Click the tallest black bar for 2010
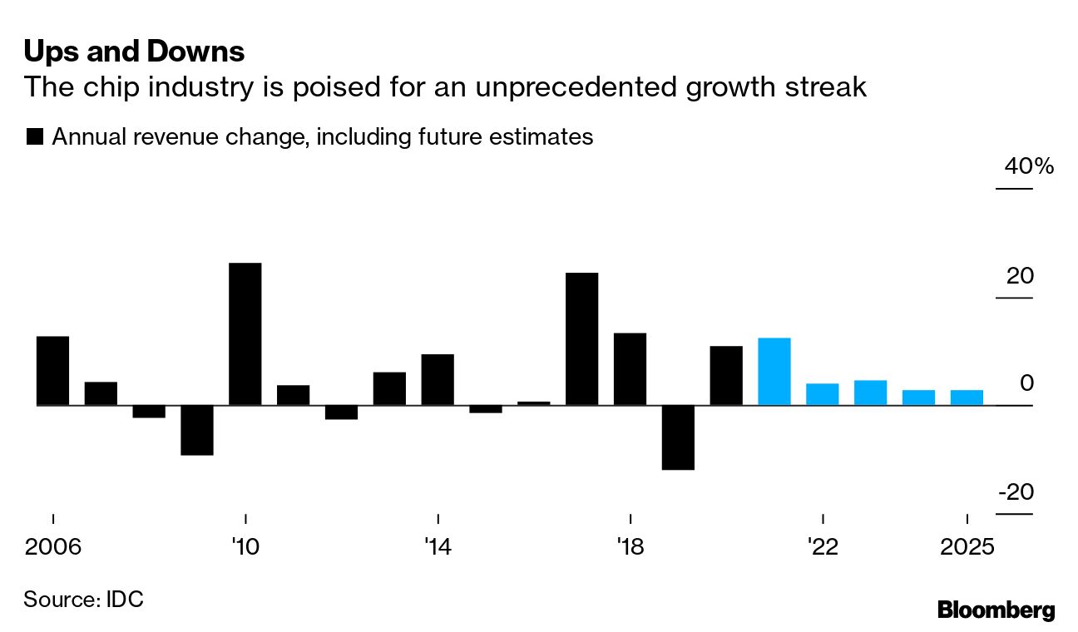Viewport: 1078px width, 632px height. (x=245, y=334)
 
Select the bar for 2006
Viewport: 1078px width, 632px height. (x=52, y=371)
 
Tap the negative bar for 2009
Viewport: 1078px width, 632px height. (x=197, y=430)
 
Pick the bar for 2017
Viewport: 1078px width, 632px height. (x=581, y=339)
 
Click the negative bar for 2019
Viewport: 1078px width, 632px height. (x=678, y=437)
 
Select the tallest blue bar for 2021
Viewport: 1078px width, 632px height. (x=774, y=372)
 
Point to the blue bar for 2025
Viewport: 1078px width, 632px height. (x=967, y=397)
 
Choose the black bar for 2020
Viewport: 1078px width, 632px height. (x=726, y=376)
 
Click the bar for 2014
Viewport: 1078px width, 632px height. (x=438, y=380)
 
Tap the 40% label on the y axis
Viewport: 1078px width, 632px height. (x=1029, y=167)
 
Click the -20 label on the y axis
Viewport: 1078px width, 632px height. (x=1016, y=492)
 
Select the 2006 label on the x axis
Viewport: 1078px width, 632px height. (x=52, y=549)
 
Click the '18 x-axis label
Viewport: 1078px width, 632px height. (x=630, y=549)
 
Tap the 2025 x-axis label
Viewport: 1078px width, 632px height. (x=967, y=549)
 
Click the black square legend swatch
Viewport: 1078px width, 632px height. (x=35, y=138)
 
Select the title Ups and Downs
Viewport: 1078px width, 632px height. (x=134, y=52)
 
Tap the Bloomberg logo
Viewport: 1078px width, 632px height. (x=996, y=610)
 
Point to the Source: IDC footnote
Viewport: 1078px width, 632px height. (x=83, y=599)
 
